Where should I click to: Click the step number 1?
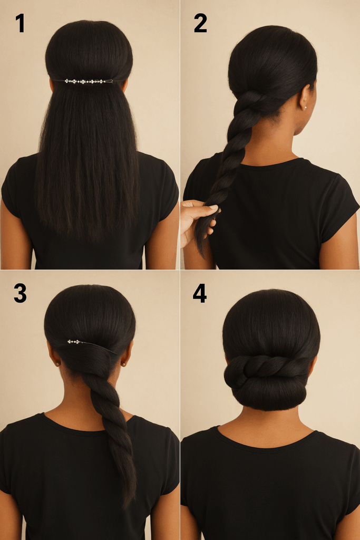[x=21, y=23]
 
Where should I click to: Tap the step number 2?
[x=200, y=23]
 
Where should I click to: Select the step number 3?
[x=20, y=293]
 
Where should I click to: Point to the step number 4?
[x=200, y=293]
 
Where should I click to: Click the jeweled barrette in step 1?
[x=89, y=81]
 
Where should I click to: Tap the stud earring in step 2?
[x=305, y=108]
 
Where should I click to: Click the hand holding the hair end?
[x=198, y=220]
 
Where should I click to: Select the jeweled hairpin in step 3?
[x=91, y=345]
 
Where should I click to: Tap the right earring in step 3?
[x=123, y=364]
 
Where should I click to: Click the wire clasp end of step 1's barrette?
[x=110, y=81]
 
